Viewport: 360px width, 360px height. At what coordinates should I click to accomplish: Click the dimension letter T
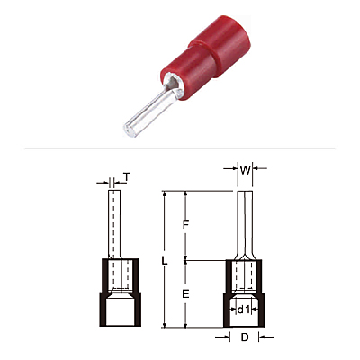coord(127,177)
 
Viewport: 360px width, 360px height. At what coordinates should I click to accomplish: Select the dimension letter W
coord(245,170)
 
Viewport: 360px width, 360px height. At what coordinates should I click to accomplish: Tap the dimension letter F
coord(185,224)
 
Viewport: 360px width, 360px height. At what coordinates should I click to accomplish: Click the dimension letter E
coord(185,294)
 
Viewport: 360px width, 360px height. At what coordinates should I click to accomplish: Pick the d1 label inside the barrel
coord(244,310)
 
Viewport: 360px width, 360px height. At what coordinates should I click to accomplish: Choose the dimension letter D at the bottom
coord(245,337)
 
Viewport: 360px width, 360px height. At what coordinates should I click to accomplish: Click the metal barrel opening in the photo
coord(173,83)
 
